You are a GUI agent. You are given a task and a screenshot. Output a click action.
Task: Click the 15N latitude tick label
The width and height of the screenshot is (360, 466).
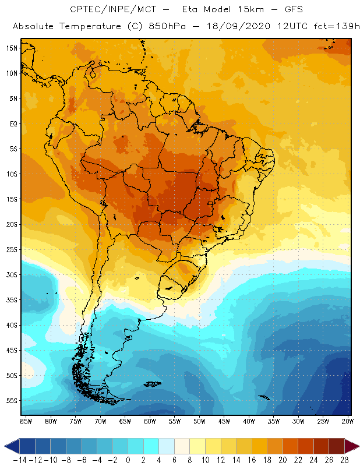tap(12, 48)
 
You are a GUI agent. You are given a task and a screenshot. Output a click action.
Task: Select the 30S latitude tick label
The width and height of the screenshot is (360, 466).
tap(12, 274)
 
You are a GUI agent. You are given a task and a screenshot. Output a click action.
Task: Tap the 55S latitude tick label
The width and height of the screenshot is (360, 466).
tap(12, 401)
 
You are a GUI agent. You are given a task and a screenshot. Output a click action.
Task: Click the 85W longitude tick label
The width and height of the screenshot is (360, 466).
tap(26, 421)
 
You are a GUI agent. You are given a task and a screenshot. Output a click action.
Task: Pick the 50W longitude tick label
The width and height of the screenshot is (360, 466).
tap(199, 421)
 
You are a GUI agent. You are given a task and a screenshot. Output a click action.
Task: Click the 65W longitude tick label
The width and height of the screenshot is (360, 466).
tap(125, 421)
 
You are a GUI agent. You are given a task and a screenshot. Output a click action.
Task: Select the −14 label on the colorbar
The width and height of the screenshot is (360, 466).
tap(19, 460)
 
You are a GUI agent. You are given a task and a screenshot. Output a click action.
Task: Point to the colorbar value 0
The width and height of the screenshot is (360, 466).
tap(128, 460)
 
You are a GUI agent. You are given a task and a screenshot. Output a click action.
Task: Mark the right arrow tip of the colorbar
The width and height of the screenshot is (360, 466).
tap(356, 446)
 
